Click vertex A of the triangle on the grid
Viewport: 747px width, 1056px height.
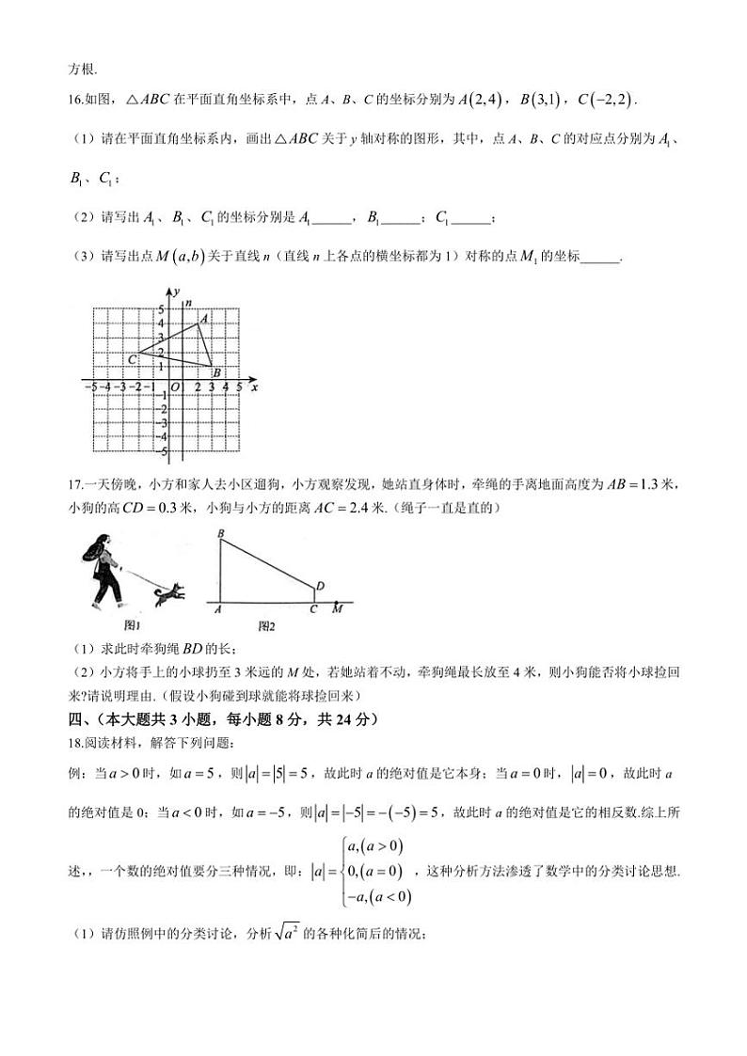(198, 325)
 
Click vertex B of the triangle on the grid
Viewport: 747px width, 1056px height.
(212, 367)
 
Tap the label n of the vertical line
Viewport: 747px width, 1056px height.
(188, 303)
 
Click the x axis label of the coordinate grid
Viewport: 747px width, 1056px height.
(255, 386)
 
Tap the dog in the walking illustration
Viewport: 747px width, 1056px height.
(169, 592)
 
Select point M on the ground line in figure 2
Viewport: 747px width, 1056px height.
(337, 607)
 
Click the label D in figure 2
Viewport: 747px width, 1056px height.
(321, 586)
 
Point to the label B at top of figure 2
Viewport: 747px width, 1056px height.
(219, 534)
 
